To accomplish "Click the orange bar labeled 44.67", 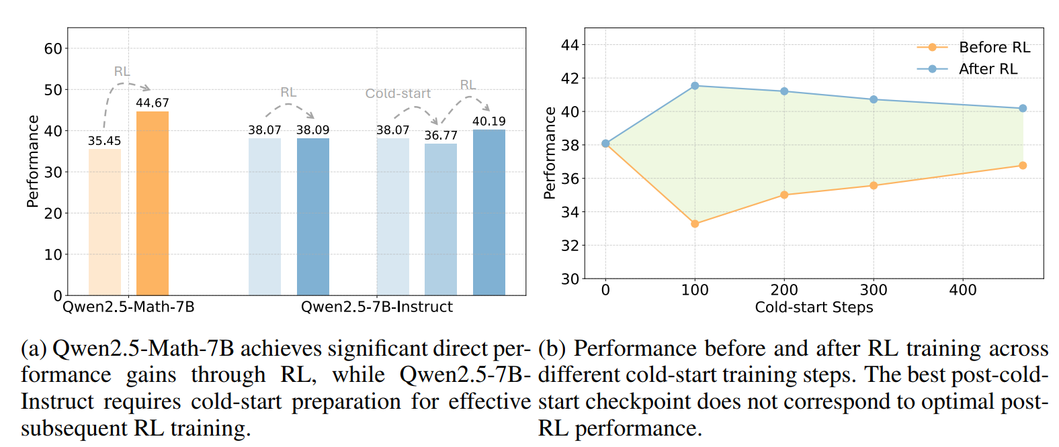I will click(153, 203).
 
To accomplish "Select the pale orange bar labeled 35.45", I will click(105, 221).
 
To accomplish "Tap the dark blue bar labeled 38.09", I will click(313, 216).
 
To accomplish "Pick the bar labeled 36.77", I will click(441, 219).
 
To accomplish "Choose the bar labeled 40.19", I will click(489, 212).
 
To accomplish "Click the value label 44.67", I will click(153, 103).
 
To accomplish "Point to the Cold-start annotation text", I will click(398, 93).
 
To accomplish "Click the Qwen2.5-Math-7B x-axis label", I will click(128, 307).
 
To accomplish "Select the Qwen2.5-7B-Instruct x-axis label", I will click(376, 307).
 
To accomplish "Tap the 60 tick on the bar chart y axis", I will click(53, 48).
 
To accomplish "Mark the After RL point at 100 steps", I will click(695, 86).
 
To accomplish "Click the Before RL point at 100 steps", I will click(695, 223).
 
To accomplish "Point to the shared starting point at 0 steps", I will click(605, 144).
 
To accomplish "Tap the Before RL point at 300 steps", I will click(874, 185).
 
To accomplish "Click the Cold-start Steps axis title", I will click(814, 307).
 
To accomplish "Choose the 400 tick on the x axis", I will click(963, 290).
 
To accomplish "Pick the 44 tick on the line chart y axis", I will click(570, 45).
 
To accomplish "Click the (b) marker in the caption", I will click(552, 349).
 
